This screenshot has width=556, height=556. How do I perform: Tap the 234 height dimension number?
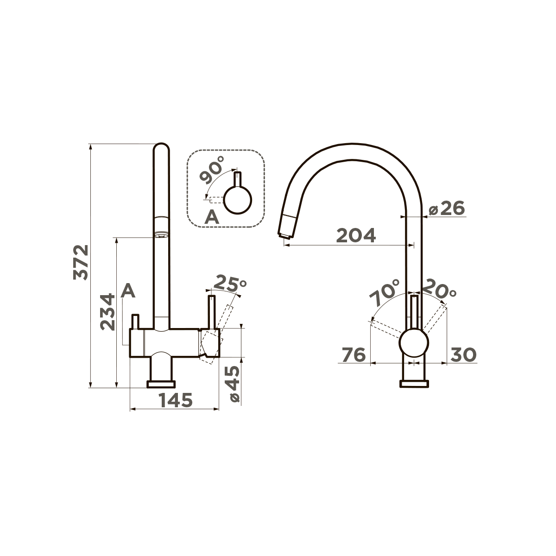tap(107, 312)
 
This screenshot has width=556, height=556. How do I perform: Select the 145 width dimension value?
tap(176, 400)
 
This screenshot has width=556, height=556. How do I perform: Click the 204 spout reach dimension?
tap(356, 235)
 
